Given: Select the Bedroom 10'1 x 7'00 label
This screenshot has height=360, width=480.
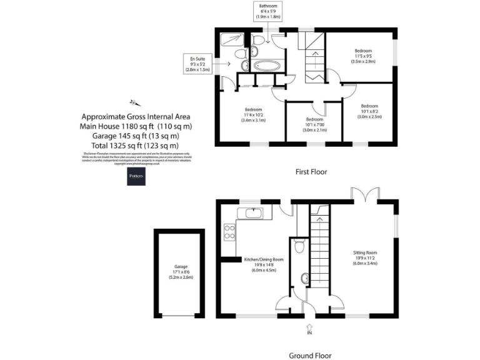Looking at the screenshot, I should click(x=314, y=124).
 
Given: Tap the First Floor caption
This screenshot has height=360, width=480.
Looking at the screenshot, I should click(x=311, y=171).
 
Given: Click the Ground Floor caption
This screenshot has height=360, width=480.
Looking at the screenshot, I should click(x=310, y=355).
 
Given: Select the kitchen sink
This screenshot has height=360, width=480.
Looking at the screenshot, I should click(x=254, y=214).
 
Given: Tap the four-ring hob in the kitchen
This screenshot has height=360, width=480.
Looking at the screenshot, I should click(x=229, y=232).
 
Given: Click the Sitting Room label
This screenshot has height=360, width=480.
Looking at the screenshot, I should click(x=363, y=259).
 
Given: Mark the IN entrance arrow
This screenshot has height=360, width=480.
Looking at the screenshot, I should click(x=309, y=328).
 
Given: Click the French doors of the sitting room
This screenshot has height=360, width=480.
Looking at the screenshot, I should click(x=366, y=194).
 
